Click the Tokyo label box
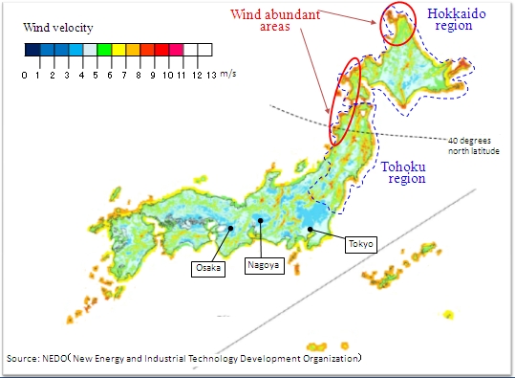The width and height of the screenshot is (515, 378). point(361,245)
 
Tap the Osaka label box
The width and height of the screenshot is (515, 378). point(209,269)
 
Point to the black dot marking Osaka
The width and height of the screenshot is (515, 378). point(230,230)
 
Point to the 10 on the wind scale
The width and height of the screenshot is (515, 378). point(166,74)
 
